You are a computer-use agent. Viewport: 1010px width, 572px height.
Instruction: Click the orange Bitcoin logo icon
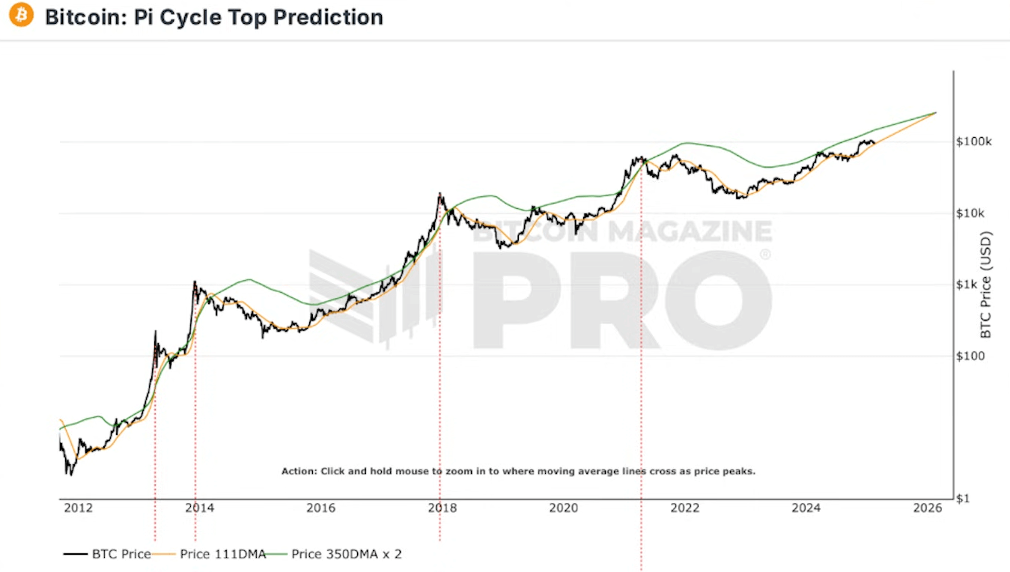pos(21,15)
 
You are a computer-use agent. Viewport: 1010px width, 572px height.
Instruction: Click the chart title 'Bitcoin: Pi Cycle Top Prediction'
pos(214,16)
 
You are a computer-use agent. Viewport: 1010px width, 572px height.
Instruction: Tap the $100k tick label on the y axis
pos(974,142)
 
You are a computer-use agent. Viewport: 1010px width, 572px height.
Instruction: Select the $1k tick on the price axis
pos(969,285)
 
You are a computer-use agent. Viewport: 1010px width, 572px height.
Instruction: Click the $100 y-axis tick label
pos(970,356)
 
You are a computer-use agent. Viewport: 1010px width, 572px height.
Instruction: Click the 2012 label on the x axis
pos(78,508)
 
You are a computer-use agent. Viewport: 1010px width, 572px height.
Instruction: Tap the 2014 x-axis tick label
pos(199,508)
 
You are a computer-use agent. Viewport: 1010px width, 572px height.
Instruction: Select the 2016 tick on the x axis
pos(320,508)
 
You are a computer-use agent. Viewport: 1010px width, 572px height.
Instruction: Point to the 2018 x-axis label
pos(442,508)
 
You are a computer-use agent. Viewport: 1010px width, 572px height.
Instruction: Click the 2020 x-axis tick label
pos(563,508)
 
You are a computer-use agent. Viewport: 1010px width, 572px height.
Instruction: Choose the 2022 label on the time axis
pos(684,508)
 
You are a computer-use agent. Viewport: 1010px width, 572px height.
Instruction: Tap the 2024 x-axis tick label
pos(806,508)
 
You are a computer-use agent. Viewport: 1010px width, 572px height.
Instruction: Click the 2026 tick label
pos(927,508)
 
